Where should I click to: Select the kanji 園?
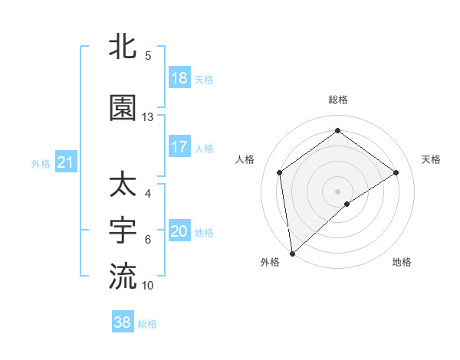123,109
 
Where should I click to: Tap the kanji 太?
123,185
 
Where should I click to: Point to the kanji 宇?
123,230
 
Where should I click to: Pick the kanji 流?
123,275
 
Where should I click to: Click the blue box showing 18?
179,78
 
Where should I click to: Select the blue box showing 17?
179,147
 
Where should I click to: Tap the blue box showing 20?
179,231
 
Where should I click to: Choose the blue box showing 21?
65,162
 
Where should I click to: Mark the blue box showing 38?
123,322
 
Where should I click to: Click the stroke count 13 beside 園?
148,117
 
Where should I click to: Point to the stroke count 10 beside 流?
148,285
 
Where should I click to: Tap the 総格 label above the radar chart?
338,100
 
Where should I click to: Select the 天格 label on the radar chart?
432,159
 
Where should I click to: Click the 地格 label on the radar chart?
402,262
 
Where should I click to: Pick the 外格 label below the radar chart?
270,262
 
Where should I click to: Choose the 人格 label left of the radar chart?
245,159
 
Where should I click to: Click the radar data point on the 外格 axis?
292,253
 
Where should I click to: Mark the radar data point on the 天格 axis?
396,172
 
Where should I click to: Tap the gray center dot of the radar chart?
338,191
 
